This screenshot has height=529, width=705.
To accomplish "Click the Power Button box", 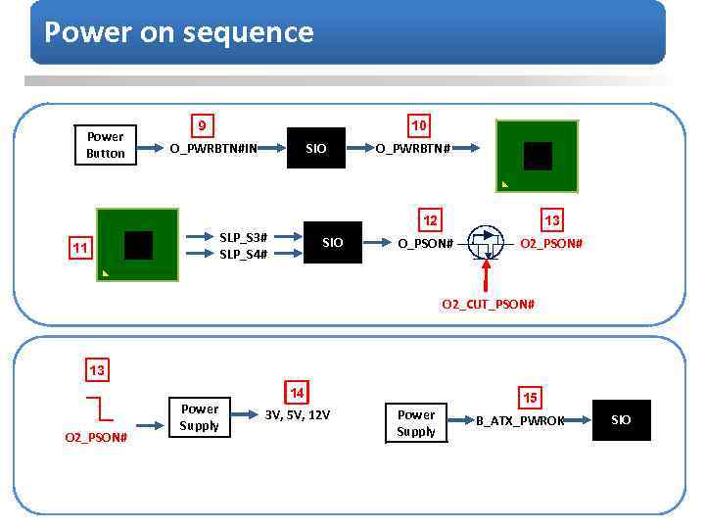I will point(106,145).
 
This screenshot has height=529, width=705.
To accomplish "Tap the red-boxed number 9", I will point(202,126).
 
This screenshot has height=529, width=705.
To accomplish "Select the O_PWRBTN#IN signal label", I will point(213,149).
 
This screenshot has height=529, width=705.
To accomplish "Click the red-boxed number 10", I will point(418,126).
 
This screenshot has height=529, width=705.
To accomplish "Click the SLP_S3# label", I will point(243,237).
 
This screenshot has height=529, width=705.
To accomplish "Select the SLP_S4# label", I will point(243,254).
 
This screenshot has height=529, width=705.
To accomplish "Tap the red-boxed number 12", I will point(429,219).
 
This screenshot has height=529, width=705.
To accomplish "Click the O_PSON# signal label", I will point(425,243).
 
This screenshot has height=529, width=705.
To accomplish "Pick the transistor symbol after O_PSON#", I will point(486,243).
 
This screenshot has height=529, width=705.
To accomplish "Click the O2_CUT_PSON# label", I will point(488,304).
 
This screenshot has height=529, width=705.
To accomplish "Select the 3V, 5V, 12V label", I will point(298,414).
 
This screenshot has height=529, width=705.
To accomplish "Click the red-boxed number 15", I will point(530,398).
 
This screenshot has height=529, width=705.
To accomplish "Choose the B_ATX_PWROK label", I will point(520,420).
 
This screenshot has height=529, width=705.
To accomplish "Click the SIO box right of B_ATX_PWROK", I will point(621,420).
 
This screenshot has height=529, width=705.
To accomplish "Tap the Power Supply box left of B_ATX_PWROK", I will point(416,422).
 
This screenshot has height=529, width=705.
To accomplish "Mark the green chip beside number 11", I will point(138,245).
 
